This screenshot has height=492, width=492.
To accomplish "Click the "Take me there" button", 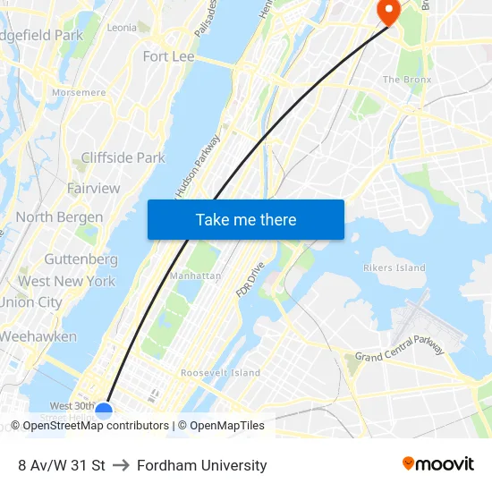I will pyautogui.click(x=246, y=220).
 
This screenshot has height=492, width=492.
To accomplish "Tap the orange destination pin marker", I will pyautogui.click(x=389, y=11).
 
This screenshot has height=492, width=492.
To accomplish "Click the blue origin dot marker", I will pyautogui.click(x=104, y=411).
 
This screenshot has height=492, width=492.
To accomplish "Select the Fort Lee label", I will pyautogui.click(x=168, y=56).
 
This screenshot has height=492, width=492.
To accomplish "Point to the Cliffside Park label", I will pyautogui.click(x=123, y=158).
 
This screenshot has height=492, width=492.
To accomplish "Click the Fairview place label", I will pyautogui.click(x=93, y=189).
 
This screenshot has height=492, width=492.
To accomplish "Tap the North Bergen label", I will pyautogui.click(x=59, y=217).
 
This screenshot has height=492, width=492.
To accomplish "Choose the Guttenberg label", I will pyautogui.click(x=81, y=259).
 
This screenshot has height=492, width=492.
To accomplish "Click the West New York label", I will pyautogui.click(x=66, y=281).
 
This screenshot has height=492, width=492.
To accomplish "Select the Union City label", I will pyautogui.click(x=31, y=302).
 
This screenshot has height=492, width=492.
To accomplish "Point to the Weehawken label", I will pyautogui.click(x=38, y=337).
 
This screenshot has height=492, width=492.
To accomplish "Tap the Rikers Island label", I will pyautogui.click(x=394, y=267).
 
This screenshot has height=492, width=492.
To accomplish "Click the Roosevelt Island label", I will pyautogui.click(x=220, y=372).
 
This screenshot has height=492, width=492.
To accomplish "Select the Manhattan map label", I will pyautogui.click(x=195, y=276).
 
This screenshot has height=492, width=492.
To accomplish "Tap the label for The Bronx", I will pyautogui.click(x=407, y=80).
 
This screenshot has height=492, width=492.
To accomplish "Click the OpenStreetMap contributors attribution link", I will pyautogui.click(x=95, y=426).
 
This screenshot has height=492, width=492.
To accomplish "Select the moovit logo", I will pyautogui.click(x=438, y=464).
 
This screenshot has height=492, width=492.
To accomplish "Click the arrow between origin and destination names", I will pyautogui.click(x=121, y=465).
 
